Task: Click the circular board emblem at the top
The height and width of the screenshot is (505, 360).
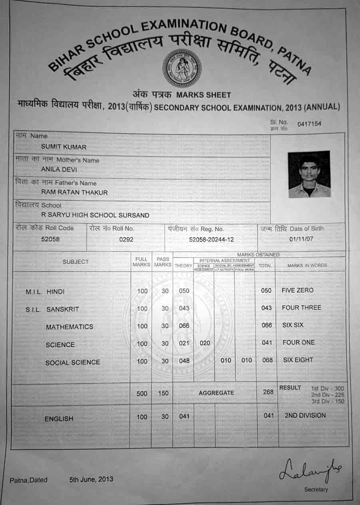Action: (x=181, y=68)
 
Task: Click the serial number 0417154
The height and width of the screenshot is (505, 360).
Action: (x=309, y=124)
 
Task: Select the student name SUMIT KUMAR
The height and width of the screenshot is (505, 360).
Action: (x=64, y=147)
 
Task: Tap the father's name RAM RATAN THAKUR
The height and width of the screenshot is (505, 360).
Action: (x=74, y=192)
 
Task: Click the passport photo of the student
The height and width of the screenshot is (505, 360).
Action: (x=309, y=174)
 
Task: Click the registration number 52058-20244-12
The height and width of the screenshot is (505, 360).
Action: (x=211, y=240)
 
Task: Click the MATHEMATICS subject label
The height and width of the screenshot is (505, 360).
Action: (x=70, y=327)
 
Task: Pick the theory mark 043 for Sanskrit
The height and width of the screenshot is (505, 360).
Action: (x=184, y=308)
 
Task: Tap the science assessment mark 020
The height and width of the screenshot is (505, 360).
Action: (x=204, y=343)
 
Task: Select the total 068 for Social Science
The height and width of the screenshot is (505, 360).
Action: (x=267, y=360)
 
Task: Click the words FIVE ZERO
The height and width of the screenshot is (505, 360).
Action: (x=298, y=290)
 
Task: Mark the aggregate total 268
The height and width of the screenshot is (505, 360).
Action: (x=269, y=392)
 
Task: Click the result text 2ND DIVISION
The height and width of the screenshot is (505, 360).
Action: (x=305, y=415)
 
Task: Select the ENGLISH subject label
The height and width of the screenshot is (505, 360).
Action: (x=59, y=419)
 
